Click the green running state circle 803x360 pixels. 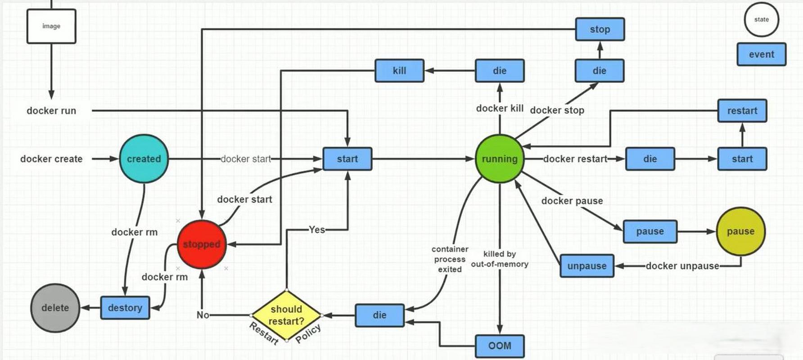pyautogui.click(x=500, y=159)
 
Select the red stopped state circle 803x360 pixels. pyautogui.click(x=201, y=244)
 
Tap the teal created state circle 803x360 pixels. pyautogui.click(x=144, y=159)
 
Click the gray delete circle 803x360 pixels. pyautogui.click(x=55, y=308)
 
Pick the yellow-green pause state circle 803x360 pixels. pyautogui.click(x=740, y=231)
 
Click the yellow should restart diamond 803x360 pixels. pyautogui.click(x=286, y=315)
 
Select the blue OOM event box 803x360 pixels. pyautogui.click(x=500, y=346)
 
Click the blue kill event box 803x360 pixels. pyautogui.click(x=399, y=71)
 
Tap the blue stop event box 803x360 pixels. pyautogui.click(x=600, y=29)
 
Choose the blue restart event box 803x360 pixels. pyautogui.click(x=742, y=111)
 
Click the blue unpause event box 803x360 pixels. pyautogui.click(x=587, y=266)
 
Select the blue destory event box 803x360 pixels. pyautogui.click(x=125, y=308)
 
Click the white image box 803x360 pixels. pyautogui.click(x=51, y=27)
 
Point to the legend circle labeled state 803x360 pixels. pyautogui.click(x=761, y=19)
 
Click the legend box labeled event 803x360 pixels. pyautogui.click(x=761, y=54)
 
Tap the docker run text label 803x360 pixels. pyautogui.click(x=51, y=111)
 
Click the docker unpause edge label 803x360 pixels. pyautogui.click(x=682, y=266)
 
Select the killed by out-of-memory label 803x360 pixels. pyautogui.click(x=500, y=259)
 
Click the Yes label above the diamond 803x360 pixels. pyautogui.click(x=317, y=229)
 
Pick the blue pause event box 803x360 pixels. pyautogui.click(x=650, y=231)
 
